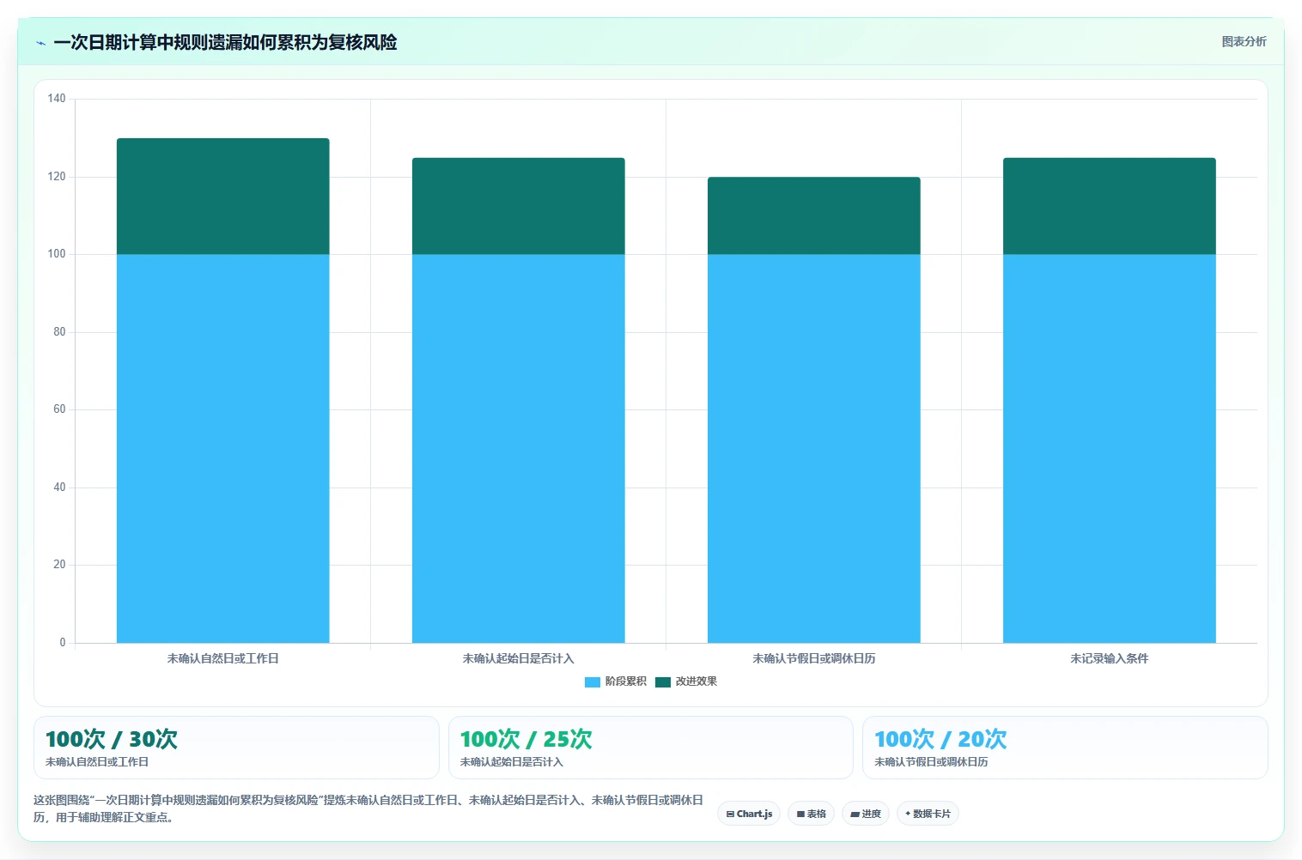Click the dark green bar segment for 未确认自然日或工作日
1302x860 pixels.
click(x=222, y=197)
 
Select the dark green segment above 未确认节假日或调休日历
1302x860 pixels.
click(x=814, y=215)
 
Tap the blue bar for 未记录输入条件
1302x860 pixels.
click(x=1109, y=448)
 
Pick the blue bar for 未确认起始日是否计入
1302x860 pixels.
click(x=519, y=448)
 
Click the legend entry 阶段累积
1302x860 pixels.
click(x=616, y=681)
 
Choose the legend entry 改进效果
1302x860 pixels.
click(x=686, y=681)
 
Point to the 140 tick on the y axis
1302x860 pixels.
click(x=57, y=98)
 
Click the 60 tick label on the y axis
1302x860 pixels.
click(x=59, y=409)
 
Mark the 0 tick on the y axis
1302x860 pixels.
click(x=62, y=642)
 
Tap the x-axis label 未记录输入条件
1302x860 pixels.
click(x=1109, y=658)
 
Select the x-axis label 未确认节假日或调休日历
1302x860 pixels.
click(x=814, y=658)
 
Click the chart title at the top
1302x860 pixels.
click(x=225, y=42)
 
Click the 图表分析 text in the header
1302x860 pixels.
click(x=1244, y=42)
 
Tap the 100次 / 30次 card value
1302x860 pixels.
click(x=112, y=739)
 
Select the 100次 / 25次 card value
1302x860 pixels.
click(x=526, y=739)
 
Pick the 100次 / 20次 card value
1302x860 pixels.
click(x=940, y=739)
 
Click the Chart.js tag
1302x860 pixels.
click(x=749, y=814)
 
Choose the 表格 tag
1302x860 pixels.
click(x=811, y=814)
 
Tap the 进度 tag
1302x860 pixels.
click(x=866, y=814)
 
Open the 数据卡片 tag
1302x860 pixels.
click(x=928, y=814)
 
